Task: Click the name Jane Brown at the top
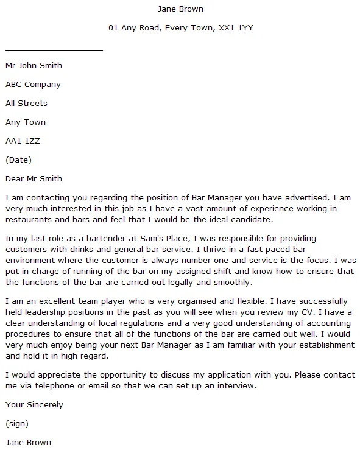(180, 9)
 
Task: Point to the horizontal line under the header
(54, 49)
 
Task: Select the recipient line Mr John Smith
(34, 66)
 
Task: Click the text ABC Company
(33, 85)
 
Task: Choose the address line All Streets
(26, 104)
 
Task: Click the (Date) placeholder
(18, 160)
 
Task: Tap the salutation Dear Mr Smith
(34, 179)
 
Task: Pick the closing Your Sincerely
(34, 405)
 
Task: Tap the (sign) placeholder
(16, 424)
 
